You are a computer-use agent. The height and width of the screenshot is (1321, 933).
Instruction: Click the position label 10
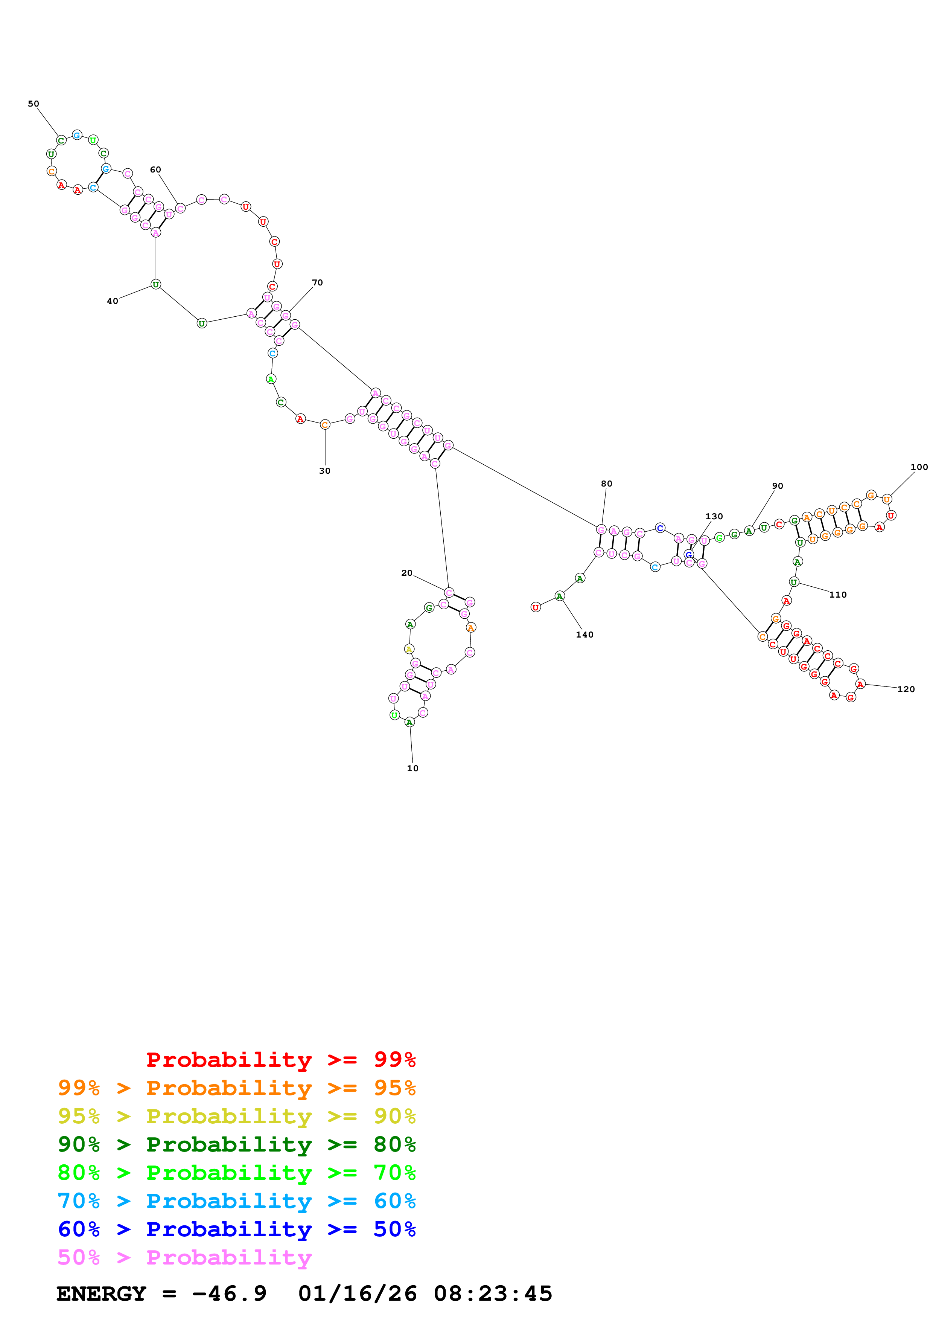click(x=412, y=768)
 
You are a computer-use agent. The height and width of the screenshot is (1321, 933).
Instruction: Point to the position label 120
click(x=906, y=689)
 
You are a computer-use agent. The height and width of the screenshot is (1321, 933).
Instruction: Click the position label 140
click(x=584, y=635)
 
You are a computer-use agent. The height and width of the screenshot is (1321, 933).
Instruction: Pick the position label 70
click(x=317, y=282)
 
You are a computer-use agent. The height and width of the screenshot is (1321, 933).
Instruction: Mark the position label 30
click(x=325, y=471)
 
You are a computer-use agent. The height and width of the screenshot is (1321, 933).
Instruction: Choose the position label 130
click(x=714, y=517)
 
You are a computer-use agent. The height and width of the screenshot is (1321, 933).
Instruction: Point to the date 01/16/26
click(x=358, y=1294)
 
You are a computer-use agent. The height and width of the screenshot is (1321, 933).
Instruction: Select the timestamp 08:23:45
click(x=493, y=1294)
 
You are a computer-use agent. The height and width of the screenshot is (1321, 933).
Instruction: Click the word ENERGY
click(x=101, y=1294)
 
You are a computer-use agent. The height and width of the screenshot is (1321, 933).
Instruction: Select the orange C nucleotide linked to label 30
click(x=325, y=425)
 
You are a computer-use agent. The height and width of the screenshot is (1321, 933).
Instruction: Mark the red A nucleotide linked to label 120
click(x=860, y=684)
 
